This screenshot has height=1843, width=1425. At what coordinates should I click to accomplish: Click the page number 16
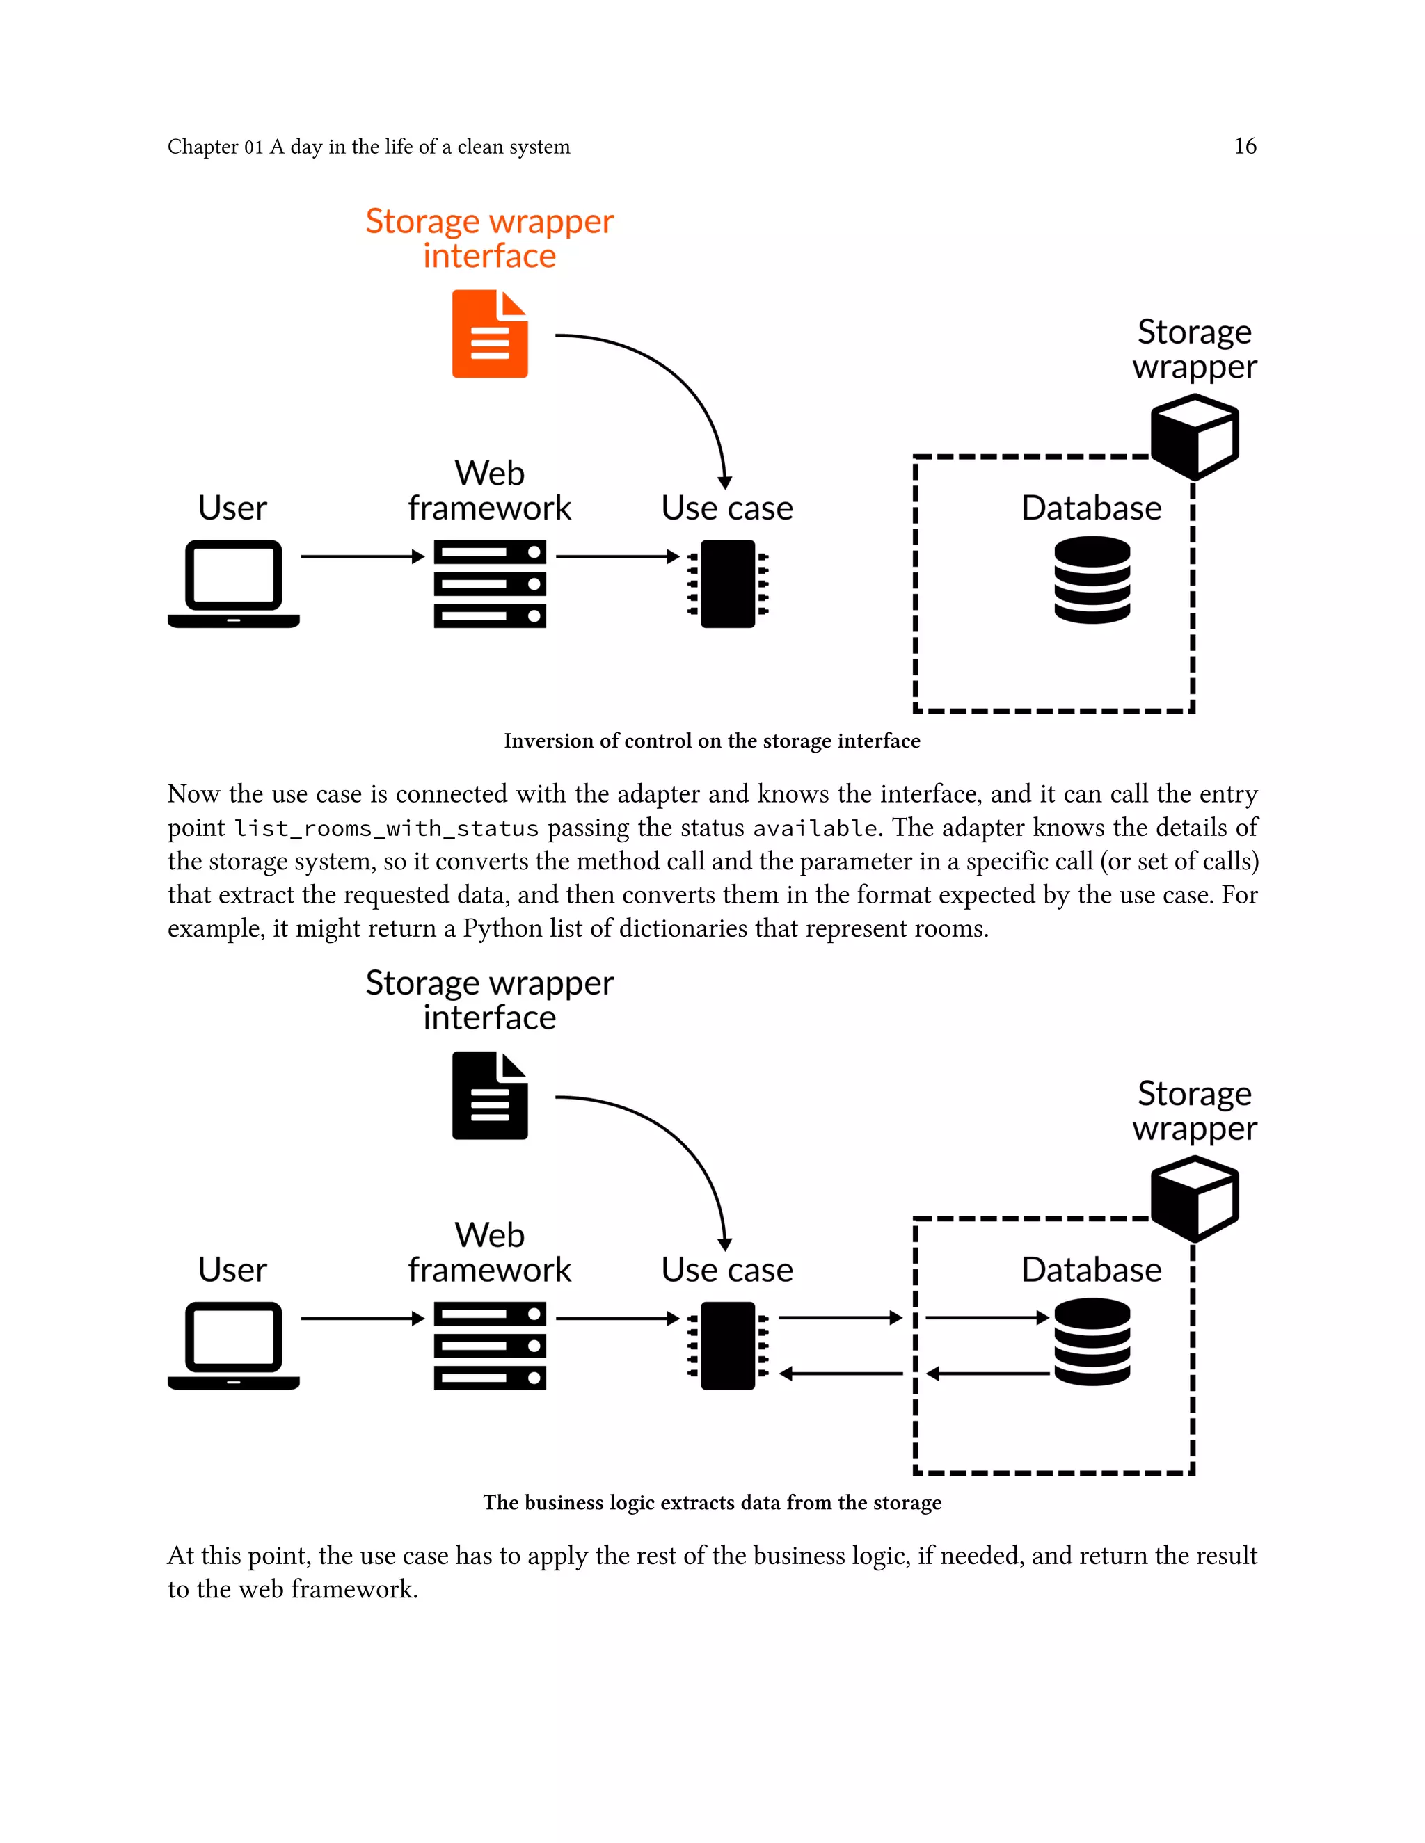pyautogui.click(x=1244, y=146)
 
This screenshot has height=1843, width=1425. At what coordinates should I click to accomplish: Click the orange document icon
pyautogui.click(x=490, y=334)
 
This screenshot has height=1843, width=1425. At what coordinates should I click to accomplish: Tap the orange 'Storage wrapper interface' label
pyautogui.click(x=490, y=238)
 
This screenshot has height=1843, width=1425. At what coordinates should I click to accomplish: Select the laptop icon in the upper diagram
pyautogui.click(x=234, y=583)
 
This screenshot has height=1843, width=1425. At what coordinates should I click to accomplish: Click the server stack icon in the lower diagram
pyautogui.click(x=490, y=1345)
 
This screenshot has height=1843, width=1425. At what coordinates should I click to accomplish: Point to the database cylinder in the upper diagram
pyautogui.click(x=1092, y=581)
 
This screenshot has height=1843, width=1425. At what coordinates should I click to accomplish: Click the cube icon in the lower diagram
pyautogui.click(x=1194, y=1198)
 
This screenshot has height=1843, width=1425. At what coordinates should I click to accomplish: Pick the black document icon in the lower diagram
pyautogui.click(x=490, y=1095)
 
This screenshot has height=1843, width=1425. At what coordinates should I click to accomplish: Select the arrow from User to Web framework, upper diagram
pyautogui.click(x=361, y=556)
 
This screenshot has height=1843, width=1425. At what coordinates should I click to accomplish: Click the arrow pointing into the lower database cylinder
pyautogui.click(x=988, y=1317)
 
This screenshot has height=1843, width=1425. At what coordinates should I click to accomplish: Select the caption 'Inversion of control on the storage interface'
pyautogui.click(x=712, y=741)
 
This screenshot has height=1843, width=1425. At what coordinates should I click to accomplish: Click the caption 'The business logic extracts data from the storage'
pyautogui.click(x=712, y=1503)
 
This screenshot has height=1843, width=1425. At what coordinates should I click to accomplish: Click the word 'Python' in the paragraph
pyautogui.click(x=502, y=929)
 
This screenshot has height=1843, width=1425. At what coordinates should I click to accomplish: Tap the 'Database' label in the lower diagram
pyautogui.click(x=1091, y=1270)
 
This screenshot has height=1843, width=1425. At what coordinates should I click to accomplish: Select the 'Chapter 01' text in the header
pyautogui.click(x=215, y=147)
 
